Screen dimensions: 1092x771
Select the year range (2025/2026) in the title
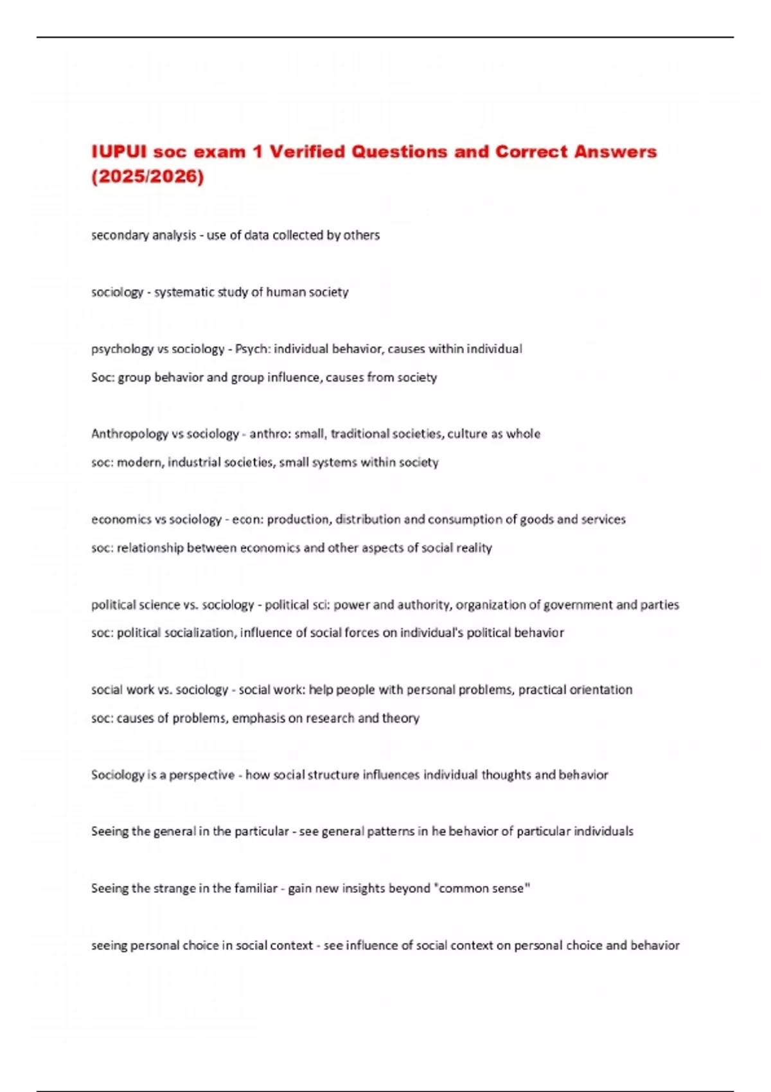click(147, 177)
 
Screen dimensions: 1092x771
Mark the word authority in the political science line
click(423, 604)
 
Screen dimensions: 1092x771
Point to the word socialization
click(201, 633)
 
